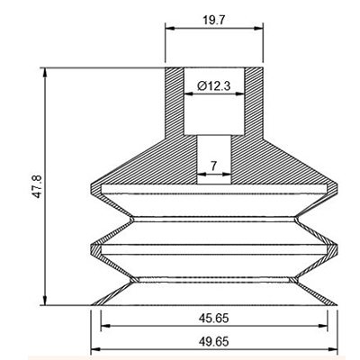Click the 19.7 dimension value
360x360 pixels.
point(214,21)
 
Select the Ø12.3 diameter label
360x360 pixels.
point(214,86)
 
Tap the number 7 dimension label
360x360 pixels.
point(213,166)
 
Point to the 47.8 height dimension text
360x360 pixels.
point(38,186)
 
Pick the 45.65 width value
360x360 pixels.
point(214,318)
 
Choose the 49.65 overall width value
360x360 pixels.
point(214,341)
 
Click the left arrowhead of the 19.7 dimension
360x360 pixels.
point(170,29)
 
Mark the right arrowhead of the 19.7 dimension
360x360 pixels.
point(258,29)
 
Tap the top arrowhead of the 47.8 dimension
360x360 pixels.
point(45,73)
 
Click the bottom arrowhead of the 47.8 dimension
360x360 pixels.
point(45,301)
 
